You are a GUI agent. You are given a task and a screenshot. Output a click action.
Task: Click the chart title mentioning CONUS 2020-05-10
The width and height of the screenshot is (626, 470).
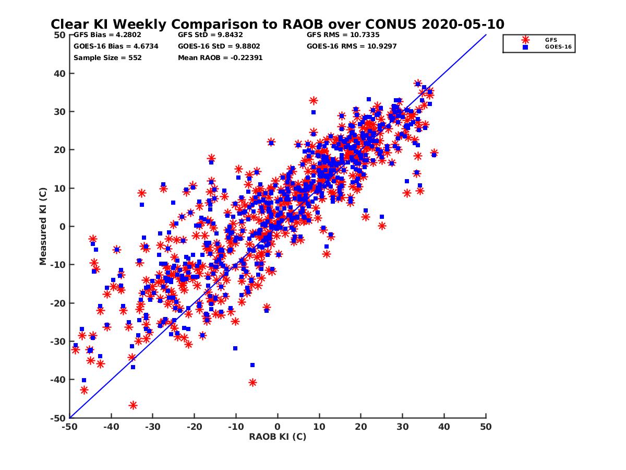277,24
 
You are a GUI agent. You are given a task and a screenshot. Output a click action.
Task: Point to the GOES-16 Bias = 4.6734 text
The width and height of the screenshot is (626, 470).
116,46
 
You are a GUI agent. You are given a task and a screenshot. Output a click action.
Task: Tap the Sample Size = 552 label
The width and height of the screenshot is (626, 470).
107,57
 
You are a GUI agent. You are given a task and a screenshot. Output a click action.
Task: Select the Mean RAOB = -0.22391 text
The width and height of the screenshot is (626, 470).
220,57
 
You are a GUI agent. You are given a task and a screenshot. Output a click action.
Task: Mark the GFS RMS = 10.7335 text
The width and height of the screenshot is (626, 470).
343,36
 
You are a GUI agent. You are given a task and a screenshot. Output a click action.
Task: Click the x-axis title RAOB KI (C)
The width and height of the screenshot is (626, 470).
278,437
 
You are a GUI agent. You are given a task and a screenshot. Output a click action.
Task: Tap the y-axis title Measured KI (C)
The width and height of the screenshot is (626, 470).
43,226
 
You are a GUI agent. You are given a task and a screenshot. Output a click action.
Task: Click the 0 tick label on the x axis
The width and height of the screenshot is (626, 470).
278,427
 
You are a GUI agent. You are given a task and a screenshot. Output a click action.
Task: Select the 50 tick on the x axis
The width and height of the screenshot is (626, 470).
486,427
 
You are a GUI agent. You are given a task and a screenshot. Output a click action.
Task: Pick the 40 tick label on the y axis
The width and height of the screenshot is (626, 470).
60,74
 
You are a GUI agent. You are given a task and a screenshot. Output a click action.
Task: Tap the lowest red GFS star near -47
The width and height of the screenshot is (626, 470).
133,405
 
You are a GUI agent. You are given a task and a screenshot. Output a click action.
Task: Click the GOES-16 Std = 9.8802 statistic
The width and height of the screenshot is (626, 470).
219,46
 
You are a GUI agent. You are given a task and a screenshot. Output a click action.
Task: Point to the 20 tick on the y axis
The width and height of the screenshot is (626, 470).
60,150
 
